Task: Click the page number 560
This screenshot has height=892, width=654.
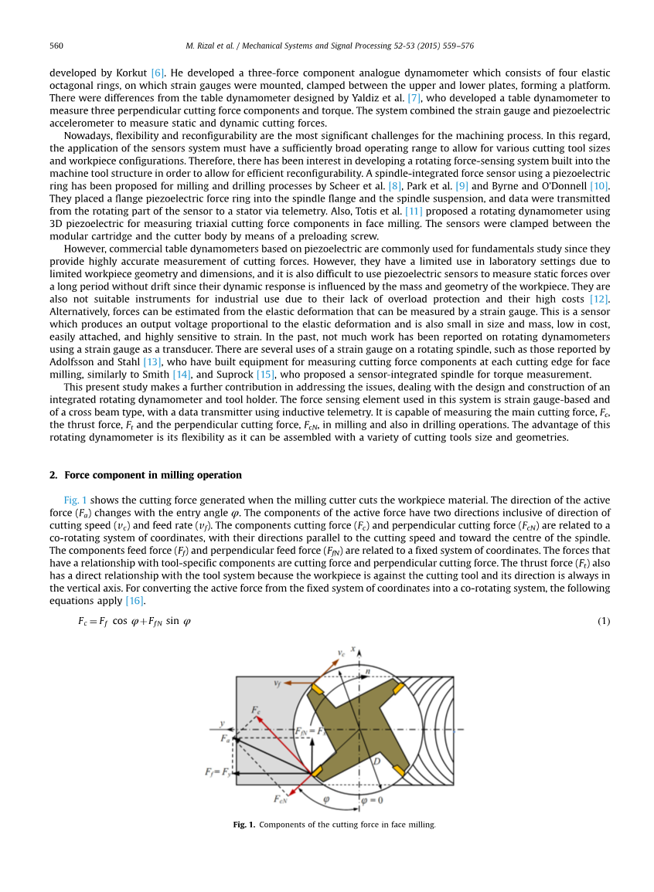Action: tap(56, 46)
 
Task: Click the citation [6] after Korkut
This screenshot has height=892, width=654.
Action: tap(157, 72)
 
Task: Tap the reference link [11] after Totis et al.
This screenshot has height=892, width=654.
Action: tap(414, 211)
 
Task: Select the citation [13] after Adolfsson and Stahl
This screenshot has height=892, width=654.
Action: tap(152, 361)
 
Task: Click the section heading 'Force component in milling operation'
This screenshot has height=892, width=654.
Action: tap(152, 475)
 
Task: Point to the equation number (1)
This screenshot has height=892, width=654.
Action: tap(604, 621)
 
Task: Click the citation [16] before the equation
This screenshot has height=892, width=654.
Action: tap(135, 601)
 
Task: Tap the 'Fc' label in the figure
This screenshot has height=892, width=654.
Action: tap(256, 709)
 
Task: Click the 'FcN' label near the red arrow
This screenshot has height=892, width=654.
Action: tap(281, 799)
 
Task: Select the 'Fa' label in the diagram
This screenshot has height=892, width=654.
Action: tap(225, 739)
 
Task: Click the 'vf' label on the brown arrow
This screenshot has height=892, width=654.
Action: tap(277, 683)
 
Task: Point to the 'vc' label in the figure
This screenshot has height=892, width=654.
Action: tap(341, 653)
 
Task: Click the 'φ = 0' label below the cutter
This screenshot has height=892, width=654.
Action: tap(372, 800)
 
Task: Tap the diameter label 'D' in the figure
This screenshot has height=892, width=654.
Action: tap(376, 762)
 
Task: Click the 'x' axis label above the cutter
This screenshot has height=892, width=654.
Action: tap(353, 649)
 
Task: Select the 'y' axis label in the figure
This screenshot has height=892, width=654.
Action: tap(222, 724)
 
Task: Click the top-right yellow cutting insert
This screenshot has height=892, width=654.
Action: tap(399, 687)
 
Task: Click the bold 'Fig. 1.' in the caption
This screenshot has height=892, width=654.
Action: tap(244, 825)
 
